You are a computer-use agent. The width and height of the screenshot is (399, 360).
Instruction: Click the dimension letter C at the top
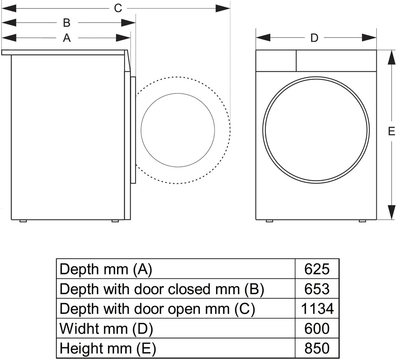(118, 8)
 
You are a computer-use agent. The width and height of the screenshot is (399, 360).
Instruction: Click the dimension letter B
(67, 23)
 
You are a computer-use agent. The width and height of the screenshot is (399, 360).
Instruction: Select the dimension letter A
(67, 38)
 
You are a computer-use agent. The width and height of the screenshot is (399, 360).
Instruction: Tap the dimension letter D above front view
(315, 38)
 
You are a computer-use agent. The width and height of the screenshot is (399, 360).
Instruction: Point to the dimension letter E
(392, 131)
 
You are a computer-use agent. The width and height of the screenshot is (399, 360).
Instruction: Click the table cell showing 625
(317, 269)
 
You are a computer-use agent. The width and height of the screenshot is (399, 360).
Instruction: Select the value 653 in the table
(317, 289)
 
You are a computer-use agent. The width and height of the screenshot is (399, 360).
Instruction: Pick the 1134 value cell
(317, 309)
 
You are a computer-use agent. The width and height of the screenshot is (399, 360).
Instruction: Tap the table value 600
(317, 328)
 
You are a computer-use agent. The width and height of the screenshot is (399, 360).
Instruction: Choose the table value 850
(317, 348)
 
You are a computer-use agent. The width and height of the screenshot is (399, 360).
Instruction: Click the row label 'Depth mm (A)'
(106, 269)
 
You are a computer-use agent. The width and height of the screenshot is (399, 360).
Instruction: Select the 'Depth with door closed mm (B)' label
(162, 289)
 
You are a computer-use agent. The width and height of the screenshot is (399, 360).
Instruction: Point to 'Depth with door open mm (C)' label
(157, 309)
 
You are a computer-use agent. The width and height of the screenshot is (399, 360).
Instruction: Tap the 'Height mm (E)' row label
(108, 348)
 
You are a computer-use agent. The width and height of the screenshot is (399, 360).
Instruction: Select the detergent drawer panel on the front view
(276, 61)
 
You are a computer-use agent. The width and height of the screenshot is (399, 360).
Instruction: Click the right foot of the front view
(362, 221)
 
